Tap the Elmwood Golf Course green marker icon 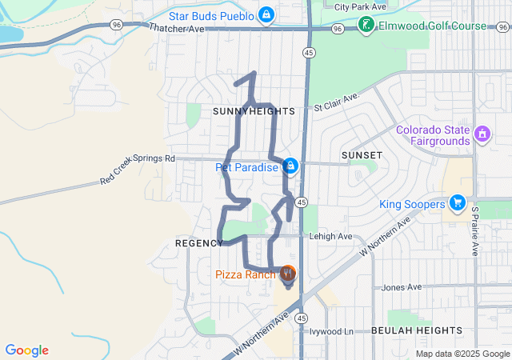coord(366,26)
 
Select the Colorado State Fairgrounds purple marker coord(482,134)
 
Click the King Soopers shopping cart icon coord(457,204)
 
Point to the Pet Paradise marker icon coord(290,166)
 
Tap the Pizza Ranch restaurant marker coord(288,274)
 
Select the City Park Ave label coord(360,6)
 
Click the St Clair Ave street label coord(337,102)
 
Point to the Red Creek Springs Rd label coord(138,170)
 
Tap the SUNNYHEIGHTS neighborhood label coord(254,111)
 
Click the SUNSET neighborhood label coord(362,154)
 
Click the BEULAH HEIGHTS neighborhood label coord(416,330)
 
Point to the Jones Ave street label coord(402,287)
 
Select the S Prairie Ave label coord(474,230)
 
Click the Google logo coord(27,350)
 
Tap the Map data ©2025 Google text coord(462,354)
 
